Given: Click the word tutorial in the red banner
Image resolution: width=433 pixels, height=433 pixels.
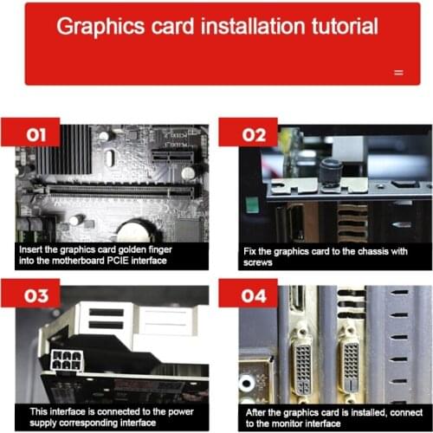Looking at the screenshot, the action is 345,26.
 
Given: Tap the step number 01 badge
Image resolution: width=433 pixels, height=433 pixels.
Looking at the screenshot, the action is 30,132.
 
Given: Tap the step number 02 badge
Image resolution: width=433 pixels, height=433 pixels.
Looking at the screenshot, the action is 249,132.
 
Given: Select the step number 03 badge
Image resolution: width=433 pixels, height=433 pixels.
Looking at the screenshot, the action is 30,294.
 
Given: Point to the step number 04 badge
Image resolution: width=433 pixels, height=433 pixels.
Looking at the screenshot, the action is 249,294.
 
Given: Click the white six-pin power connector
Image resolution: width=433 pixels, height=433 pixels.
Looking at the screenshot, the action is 67,360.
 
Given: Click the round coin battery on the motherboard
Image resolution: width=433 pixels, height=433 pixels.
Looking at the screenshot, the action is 136,230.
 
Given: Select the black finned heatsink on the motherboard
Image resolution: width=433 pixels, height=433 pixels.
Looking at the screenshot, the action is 64,150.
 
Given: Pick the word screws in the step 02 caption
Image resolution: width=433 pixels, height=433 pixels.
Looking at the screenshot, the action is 258,262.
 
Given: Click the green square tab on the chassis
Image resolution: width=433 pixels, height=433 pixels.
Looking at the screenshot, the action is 252,204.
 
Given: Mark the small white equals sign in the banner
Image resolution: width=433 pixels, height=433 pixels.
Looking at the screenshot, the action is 398,73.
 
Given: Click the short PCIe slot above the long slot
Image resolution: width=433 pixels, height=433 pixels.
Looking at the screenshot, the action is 172,158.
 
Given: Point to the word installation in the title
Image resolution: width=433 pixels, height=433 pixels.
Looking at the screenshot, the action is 253,26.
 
